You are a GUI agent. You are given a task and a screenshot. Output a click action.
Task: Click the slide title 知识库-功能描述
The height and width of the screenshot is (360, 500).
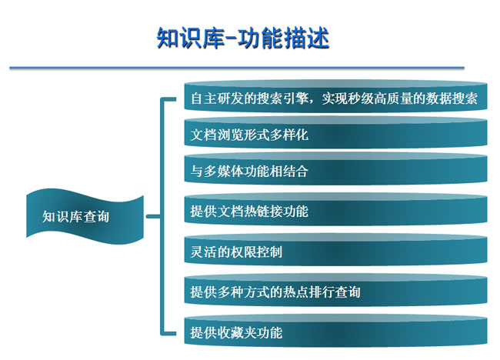[242, 38]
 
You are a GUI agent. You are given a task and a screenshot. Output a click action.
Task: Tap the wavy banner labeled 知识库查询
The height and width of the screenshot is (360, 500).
[85, 216]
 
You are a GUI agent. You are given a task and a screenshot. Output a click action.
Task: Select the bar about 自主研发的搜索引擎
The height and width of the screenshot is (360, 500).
[336, 96]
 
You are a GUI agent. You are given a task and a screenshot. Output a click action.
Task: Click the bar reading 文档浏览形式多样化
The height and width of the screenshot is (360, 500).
[336, 132]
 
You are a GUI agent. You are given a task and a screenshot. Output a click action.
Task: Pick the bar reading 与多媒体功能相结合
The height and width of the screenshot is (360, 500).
[336, 169]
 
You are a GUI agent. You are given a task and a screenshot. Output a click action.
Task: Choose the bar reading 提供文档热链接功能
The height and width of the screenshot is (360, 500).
[336, 209]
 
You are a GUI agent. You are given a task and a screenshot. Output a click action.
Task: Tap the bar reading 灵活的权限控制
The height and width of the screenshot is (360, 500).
[336, 250]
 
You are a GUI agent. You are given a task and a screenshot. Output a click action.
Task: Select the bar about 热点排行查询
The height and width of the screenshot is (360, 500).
[336, 290]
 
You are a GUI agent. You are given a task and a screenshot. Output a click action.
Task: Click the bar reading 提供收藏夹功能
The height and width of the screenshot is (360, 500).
[336, 331]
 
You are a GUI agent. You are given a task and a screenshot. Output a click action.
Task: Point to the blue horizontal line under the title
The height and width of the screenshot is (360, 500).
[237, 68]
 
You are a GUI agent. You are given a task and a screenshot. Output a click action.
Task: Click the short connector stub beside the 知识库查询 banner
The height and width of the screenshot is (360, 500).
[153, 216]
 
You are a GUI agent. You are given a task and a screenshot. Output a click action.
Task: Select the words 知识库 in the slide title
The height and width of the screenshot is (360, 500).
[190, 38]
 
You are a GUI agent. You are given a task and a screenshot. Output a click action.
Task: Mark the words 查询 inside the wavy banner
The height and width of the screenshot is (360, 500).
[96, 216]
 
